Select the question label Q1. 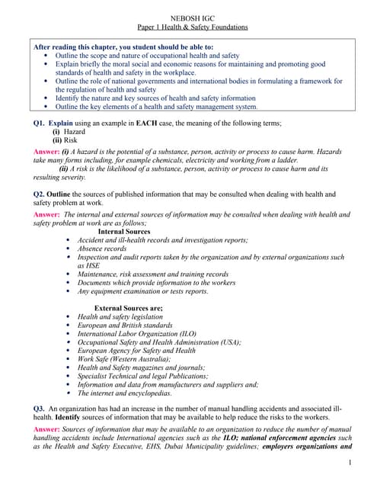click(x=34, y=122)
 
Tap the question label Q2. click(x=34, y=193)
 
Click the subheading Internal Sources click(x=124, y=231)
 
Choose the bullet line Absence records click(x=102, y=249)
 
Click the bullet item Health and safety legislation click(x=120, y=316)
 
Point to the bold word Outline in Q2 click(x=63, y=193)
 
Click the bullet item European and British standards click(x=126, y=325)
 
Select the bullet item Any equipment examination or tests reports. click(x=142, y=291)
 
